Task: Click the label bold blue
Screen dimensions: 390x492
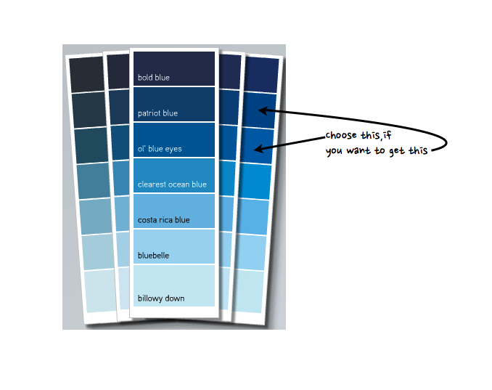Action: click(154, 78)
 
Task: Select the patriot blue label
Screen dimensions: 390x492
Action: click(157, 113)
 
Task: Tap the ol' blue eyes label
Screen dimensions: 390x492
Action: click(160, 149)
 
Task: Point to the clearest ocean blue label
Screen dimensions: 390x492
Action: click(172, 184)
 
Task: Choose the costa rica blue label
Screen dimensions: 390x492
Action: click(163, 220)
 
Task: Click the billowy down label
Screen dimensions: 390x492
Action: click(161, 298)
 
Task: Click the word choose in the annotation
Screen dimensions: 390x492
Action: click(340, 136)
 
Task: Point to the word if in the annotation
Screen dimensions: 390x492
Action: click(387, 136)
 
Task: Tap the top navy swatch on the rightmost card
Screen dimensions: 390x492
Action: click(262, 75)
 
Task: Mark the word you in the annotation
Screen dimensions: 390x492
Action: click(335, 150)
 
